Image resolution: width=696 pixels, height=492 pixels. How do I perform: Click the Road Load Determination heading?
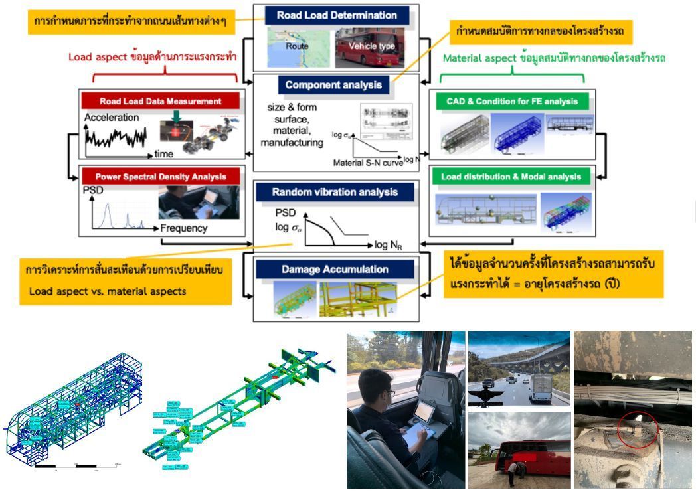tap(337, 15)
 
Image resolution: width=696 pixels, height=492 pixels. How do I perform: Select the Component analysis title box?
tap(333, 84)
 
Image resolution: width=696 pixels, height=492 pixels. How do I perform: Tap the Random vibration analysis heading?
tap(335, 193)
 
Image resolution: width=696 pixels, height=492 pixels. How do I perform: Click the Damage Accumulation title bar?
tap(335, 270)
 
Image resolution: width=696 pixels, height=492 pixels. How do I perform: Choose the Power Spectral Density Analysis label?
tap(160, 177)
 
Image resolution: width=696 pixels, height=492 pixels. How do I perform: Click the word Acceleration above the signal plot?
tap(112, 118)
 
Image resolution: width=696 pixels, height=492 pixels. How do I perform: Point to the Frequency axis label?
tap(184, 228)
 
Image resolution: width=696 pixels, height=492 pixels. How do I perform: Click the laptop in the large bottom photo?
tap(426, 419)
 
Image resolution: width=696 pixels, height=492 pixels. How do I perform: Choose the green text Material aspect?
tap(478, 58)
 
